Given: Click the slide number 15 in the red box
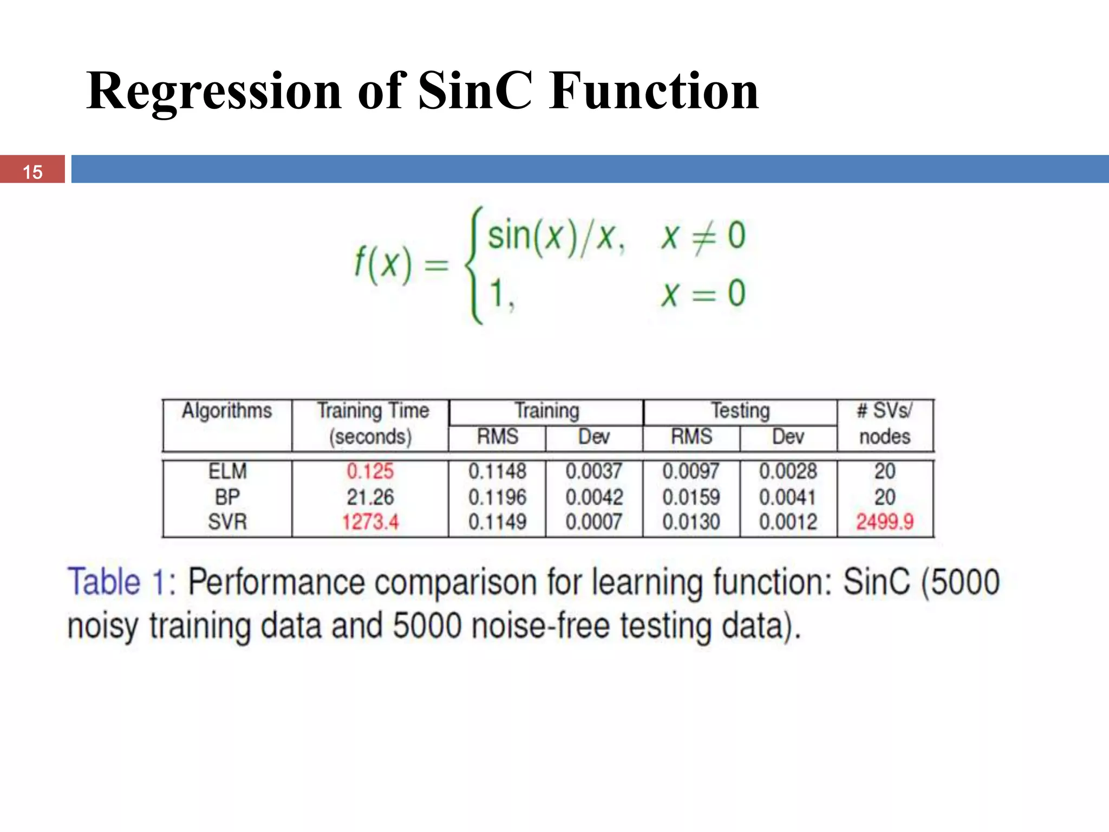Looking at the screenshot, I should [32, 172].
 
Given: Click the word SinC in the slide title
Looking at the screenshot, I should [475, 90].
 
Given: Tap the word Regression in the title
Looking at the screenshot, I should [214, 90].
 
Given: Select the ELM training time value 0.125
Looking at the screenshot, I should [370, 471].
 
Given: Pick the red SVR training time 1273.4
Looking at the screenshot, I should [370, 522].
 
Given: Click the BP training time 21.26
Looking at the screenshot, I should [370, 497].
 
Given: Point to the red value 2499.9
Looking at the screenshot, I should [884, 522].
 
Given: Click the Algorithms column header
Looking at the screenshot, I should [227, 411].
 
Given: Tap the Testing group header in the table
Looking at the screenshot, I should [740, 411].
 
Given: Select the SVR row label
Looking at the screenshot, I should [227, 522].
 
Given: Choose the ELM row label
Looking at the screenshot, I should [227, 471].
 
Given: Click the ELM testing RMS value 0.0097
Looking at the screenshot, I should [691, 471].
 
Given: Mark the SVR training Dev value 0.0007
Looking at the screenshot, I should [593, 522].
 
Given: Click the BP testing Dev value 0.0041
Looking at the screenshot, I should [787, 497].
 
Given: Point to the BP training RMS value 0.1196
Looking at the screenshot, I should [497, 497].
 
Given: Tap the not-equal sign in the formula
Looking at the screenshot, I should [703, 237].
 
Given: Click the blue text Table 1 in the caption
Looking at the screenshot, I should [120, 582].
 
